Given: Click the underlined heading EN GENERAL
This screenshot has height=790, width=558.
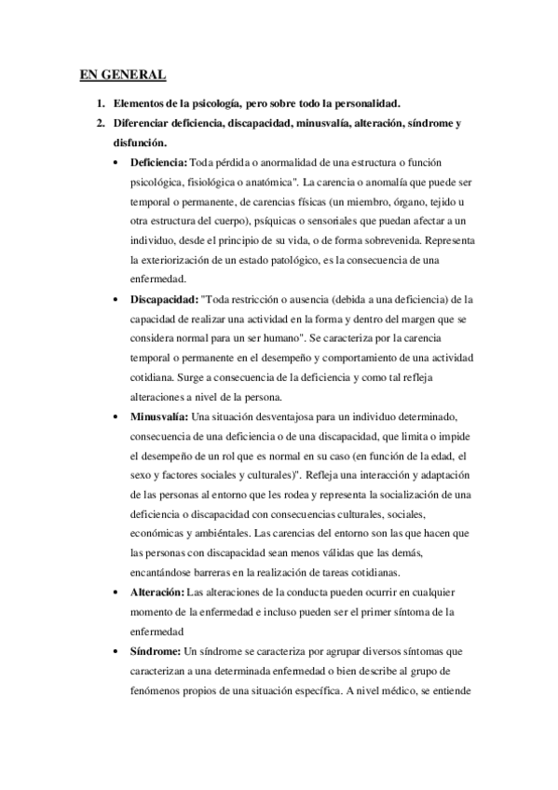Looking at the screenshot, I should coord(122,75).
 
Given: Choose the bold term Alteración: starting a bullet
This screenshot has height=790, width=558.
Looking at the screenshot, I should coord(157,592).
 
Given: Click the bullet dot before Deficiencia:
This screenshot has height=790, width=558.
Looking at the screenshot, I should coord(116,163).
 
